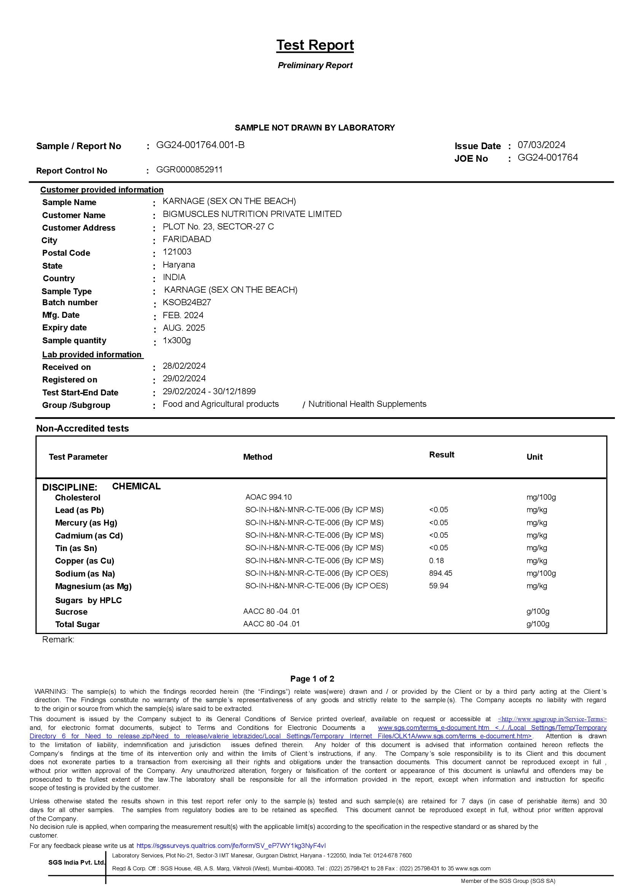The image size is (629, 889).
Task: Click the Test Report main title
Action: (x=315, y=45)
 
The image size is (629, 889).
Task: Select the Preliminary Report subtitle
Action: (x=315, y=65)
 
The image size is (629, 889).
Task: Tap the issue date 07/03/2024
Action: (x=541, y=145)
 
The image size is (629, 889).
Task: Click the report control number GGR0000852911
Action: (x=189, y=170)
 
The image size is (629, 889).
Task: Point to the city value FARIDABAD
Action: (x=187, y=239)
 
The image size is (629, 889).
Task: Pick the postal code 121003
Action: (x=177, y=252)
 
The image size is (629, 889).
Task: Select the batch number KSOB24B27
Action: (x=187, y=302)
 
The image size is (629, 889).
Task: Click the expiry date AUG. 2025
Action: (x=184, y=328)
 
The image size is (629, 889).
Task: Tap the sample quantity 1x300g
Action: (x=177, y=341)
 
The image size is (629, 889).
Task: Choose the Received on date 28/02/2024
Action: (x=184, y=366)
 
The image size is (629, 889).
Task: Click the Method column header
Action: (x=258, y=457)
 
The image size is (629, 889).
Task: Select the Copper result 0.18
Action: (x=436, y=561)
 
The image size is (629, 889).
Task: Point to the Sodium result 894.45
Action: (x=441, y=573)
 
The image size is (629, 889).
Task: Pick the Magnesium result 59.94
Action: (x=439, y=586)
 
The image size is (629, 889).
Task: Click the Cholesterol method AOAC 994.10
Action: (x=268, y=497)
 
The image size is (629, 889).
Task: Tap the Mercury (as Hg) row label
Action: (x=86, y=523)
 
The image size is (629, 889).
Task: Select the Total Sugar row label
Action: (x=78, y=625)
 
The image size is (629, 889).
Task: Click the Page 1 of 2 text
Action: (x=312, y=679)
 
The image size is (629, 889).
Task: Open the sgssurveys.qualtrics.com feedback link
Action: (x=231, y=846)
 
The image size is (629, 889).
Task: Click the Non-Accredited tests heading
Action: (x=83, y=429)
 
